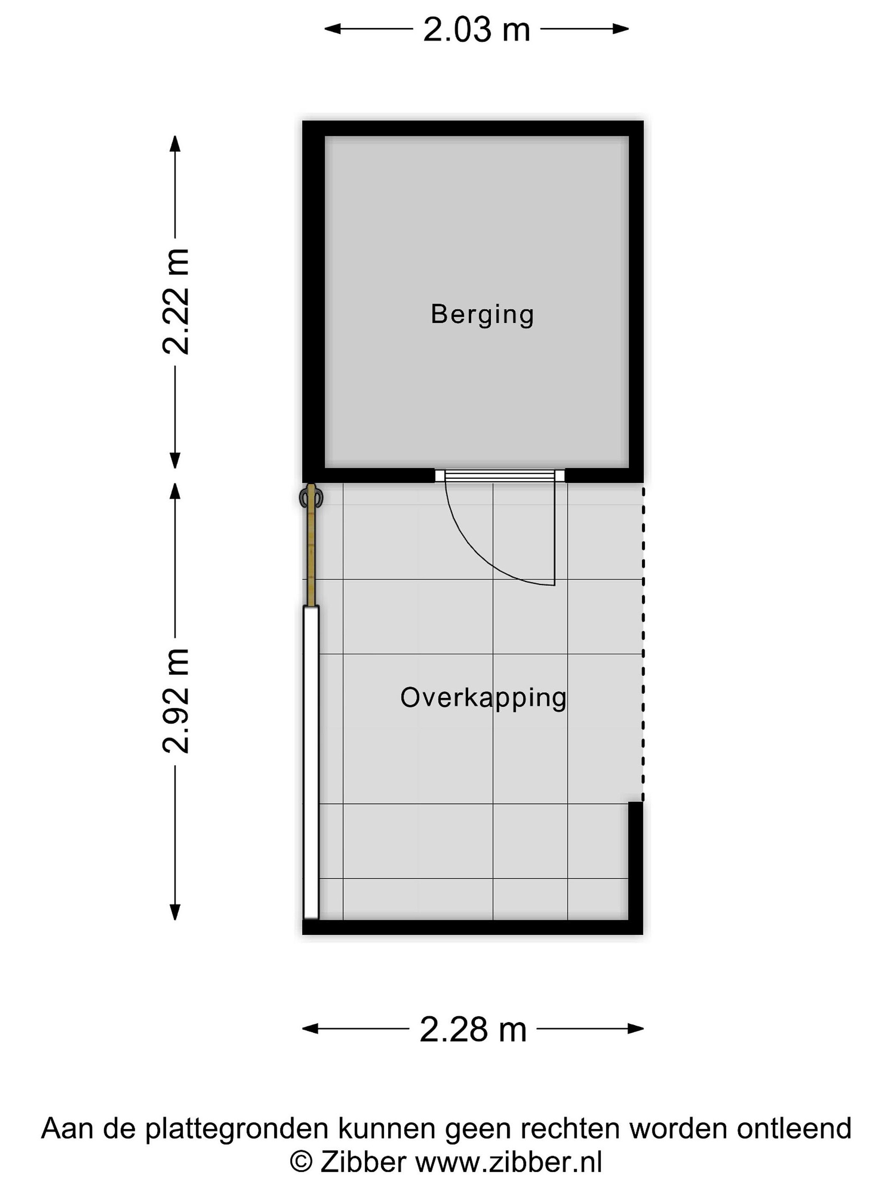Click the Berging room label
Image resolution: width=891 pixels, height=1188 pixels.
482,315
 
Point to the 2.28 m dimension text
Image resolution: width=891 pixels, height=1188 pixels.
473,1029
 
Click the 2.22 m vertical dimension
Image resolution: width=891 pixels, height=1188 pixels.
176,301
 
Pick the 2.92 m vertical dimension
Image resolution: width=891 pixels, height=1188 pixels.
176,700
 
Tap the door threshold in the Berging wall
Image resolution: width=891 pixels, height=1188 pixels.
500,475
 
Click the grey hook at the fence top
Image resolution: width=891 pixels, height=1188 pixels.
311,497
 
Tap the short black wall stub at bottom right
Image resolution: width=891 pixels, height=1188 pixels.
635,861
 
